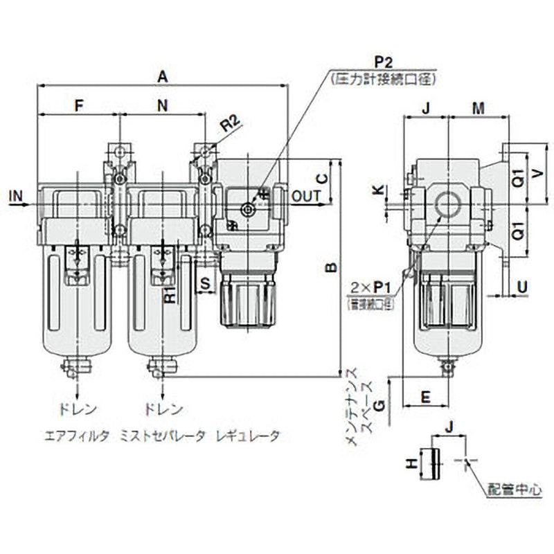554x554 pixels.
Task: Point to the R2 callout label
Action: tap(230, 125)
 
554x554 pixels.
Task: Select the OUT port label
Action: tap(306, 197)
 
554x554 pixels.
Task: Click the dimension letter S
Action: tap(205, 283)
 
